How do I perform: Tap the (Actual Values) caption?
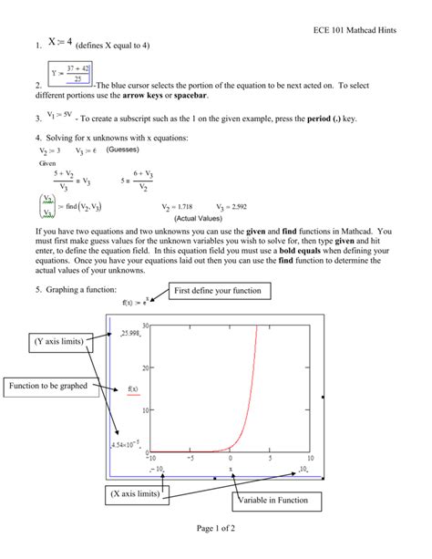[x=205, y=219]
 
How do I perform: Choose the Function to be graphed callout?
[x=49, y=386]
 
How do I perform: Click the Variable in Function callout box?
[x=273, y=500]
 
